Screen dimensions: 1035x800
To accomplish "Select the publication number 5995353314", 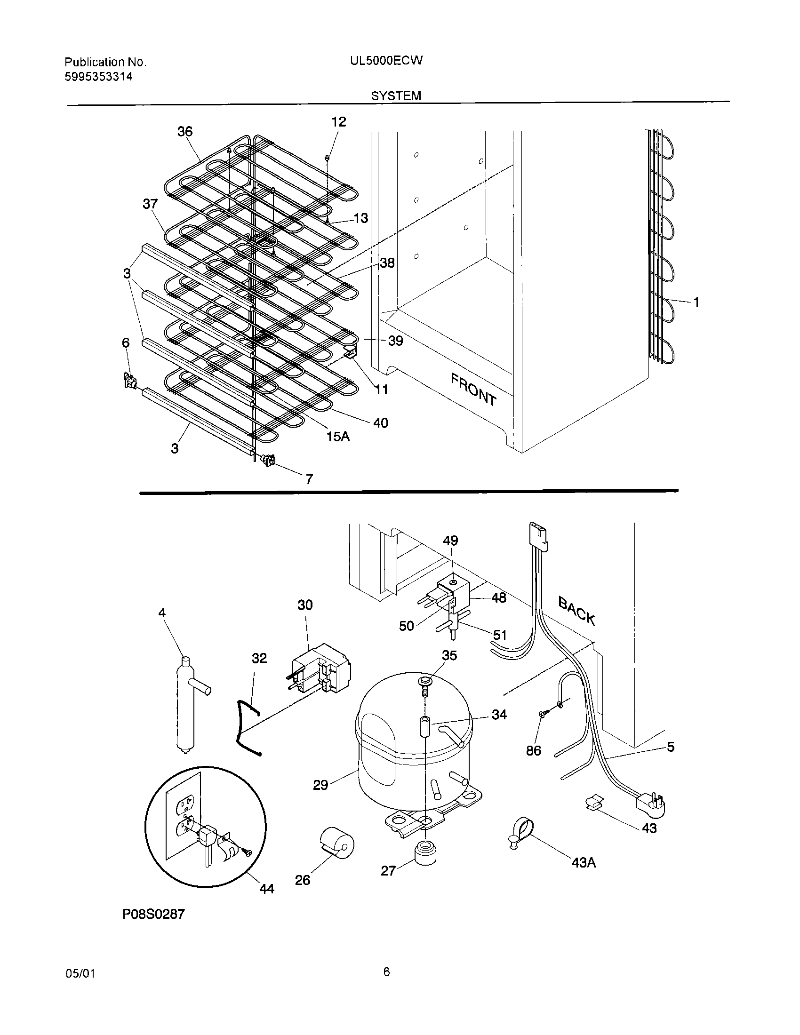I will tap(98, 76).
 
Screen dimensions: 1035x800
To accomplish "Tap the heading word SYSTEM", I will tap(396, 96).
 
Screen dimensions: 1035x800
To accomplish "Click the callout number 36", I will tap(185, 131).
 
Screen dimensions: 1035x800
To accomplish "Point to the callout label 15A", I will tap(338, 437).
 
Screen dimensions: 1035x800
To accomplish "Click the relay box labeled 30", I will tap(321, 670).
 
